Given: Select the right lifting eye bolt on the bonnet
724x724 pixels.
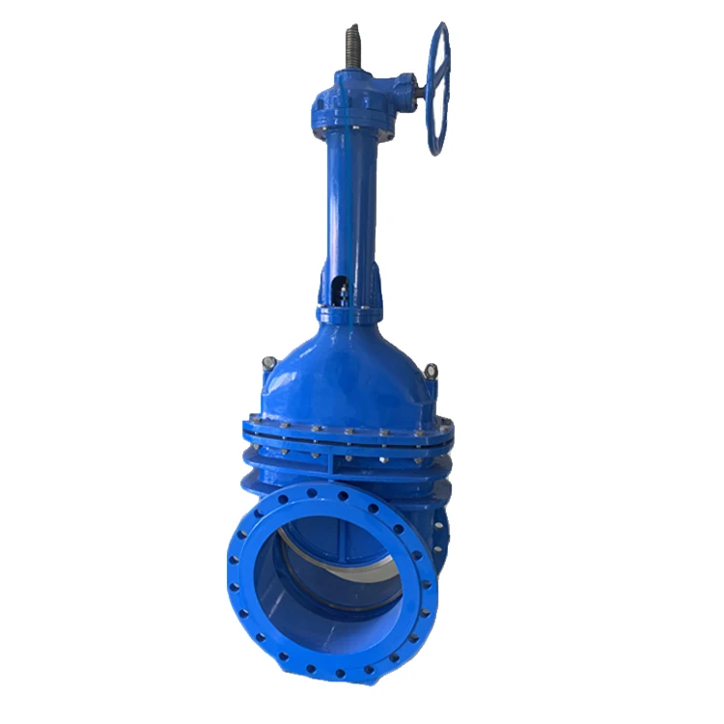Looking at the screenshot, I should [x=431, y=371].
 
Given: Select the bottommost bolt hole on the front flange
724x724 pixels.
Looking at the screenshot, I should [x=338, y=673].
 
